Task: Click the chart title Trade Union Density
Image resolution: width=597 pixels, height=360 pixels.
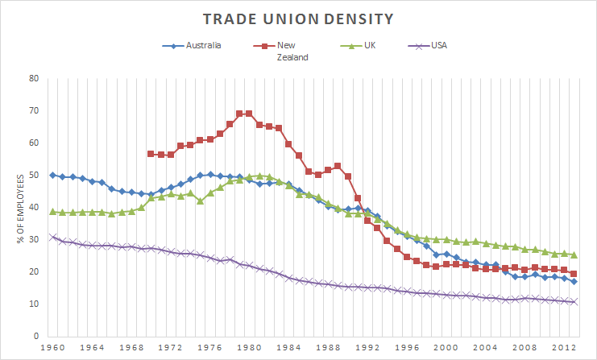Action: click(x=299, y=18)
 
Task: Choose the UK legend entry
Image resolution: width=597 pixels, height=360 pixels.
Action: click(x=370, y=46)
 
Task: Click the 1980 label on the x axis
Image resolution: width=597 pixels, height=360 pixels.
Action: click(x=250, y=349)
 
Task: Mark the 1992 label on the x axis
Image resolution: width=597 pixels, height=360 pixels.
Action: click(x=367, y=349)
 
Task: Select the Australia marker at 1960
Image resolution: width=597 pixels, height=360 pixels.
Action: click(x=53, y=175)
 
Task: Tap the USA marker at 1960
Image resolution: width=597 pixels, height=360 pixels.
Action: click(x=53, y=237)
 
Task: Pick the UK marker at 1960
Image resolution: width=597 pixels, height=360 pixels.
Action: click(x=53, y=212)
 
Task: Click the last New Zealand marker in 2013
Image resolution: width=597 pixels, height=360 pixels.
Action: click(x=573, y=274)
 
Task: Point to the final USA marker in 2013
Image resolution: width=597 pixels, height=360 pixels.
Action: click(x=573, y=302)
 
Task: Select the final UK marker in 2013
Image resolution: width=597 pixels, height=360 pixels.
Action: click(x=573, y=254)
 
